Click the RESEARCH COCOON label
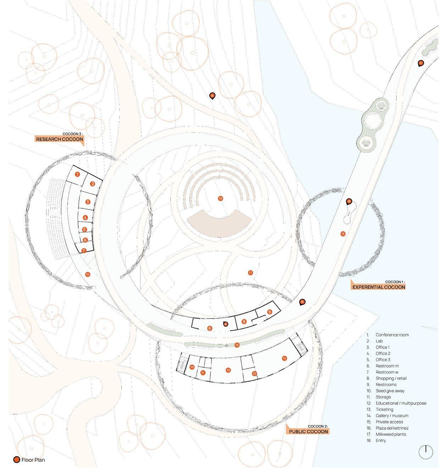pos(60,139)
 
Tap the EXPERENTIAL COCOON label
pos(378,287)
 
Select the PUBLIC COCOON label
pos(308,431)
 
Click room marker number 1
pos(77,174)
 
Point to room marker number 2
pos(93,183)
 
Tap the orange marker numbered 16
pos(220,198)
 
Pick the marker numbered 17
pos(250,273)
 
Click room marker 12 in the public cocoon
pos(228,370)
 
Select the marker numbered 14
pos(285,358)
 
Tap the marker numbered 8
pos(210,328)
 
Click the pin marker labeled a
pos(212,95)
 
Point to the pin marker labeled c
pos(421,63)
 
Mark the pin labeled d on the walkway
pos(349,202)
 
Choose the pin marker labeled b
pos(302,302)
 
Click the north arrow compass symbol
pos(426,452)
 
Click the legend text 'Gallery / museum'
pos(392,416)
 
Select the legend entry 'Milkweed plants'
pos(391,434)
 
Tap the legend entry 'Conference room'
pos(392,335)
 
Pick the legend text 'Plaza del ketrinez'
pos(392,428)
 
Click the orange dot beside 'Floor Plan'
pos(17,460)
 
